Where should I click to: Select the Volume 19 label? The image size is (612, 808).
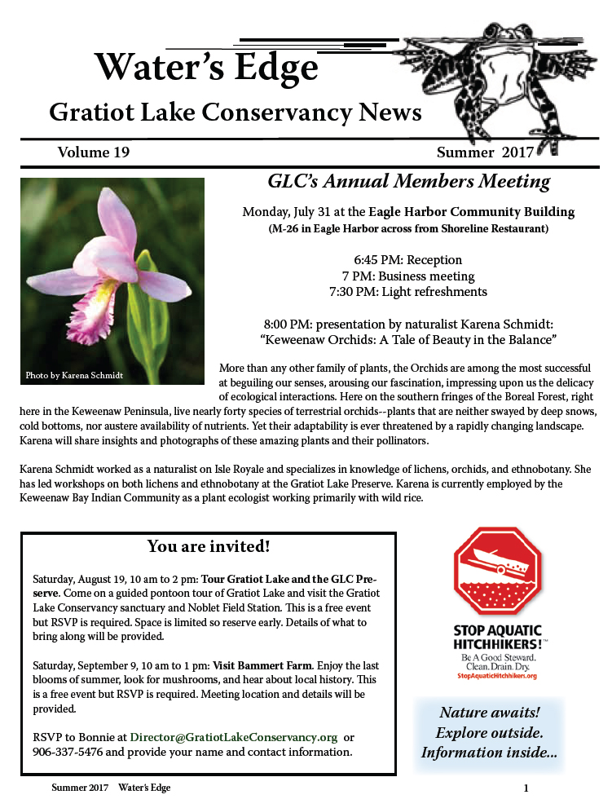93,152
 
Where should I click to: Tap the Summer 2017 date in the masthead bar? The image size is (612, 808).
485,152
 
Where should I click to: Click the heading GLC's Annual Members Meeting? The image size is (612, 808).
409,182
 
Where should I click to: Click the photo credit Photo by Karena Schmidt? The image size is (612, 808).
75,375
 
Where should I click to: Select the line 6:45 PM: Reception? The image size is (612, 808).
407,260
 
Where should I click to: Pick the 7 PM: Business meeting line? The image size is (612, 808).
407,276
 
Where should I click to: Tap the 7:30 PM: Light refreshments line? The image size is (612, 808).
407,291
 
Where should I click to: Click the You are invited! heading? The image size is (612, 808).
209,545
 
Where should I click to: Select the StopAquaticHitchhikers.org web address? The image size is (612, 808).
497,676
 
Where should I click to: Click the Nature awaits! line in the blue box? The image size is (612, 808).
490,712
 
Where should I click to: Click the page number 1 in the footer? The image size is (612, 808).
526,788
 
